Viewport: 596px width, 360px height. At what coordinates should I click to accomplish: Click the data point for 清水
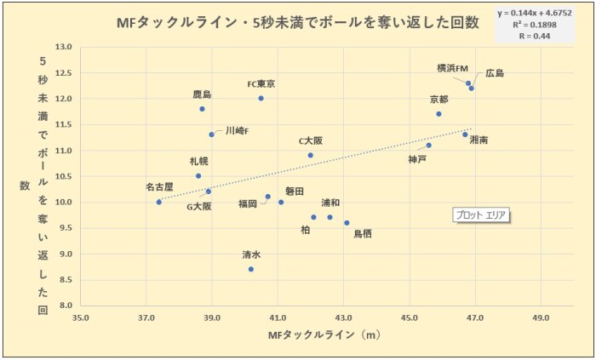[251, 269]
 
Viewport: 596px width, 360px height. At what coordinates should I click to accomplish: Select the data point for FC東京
[261, 98]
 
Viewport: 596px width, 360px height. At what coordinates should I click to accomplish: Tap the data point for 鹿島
[202, 109]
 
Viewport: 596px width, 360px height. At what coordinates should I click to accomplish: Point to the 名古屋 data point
[159, 202]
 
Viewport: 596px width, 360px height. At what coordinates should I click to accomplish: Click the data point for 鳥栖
[347, 223]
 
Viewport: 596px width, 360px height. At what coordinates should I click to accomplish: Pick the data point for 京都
[438, 113]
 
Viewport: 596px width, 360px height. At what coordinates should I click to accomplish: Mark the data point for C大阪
[310, 155]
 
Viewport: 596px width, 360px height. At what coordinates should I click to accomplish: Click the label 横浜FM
[453, 68]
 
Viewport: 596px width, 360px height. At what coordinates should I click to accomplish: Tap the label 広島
[495, 73]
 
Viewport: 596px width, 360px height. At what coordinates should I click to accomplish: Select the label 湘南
[479, 140]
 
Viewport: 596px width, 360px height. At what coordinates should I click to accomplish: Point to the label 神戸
[417, 159]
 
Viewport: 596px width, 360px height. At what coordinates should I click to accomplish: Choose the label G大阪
[199, 207]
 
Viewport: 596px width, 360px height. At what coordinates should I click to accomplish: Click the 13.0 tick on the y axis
[63, 47]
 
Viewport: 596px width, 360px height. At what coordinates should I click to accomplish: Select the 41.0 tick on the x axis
[278, 317]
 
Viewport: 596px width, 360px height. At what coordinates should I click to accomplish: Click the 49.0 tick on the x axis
[540, 317]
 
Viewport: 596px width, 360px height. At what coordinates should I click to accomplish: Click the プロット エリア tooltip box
[480, 215]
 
